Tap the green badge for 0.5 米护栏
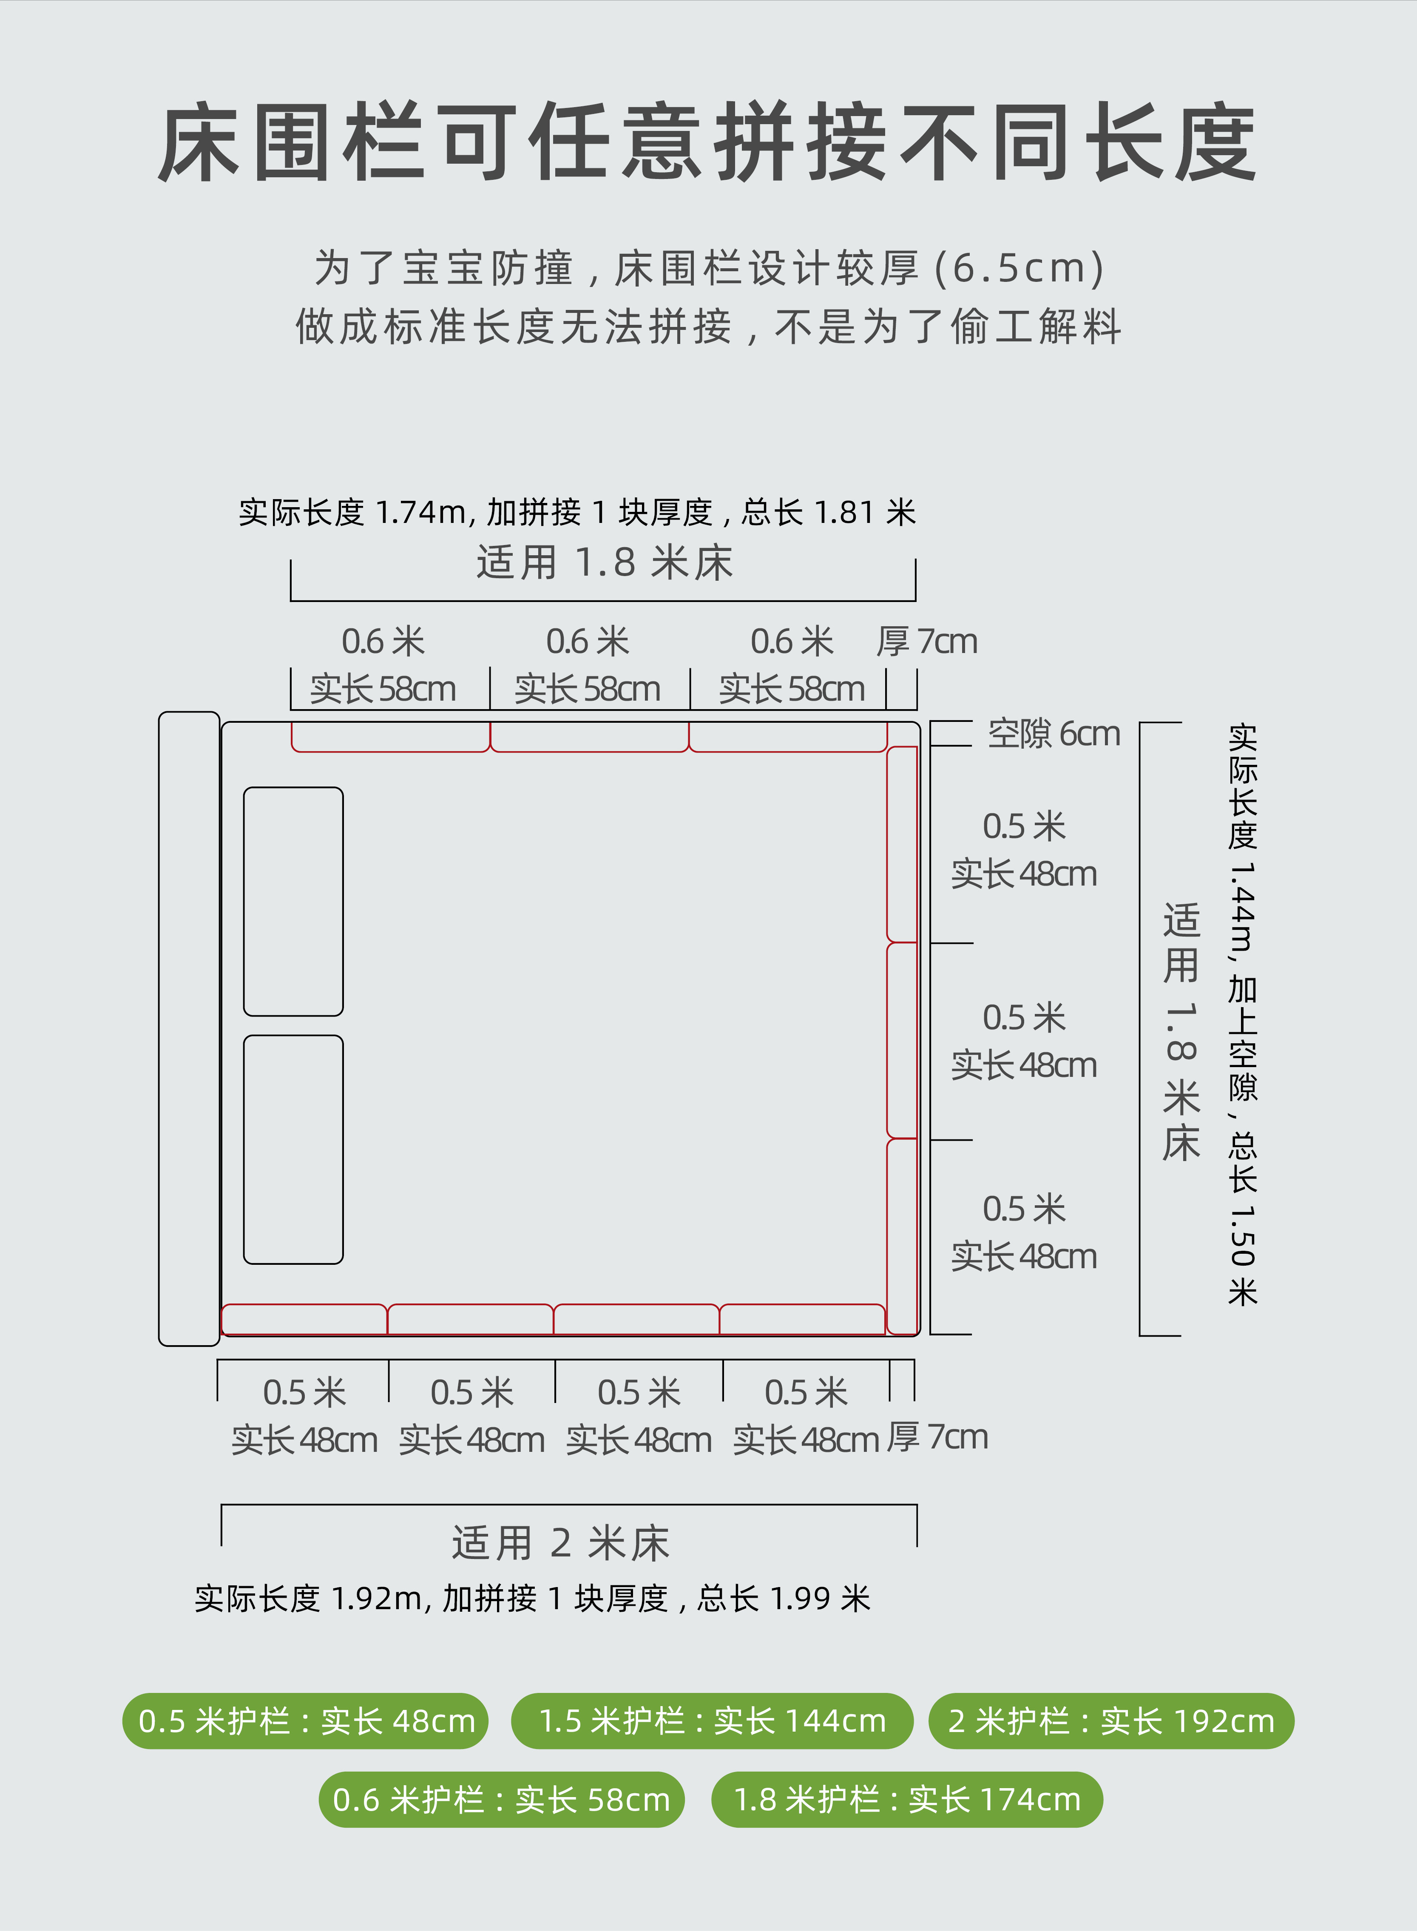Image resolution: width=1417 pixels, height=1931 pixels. click(x=305, y=1721)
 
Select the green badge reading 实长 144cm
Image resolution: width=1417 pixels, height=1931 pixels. click(x=712, y=1721)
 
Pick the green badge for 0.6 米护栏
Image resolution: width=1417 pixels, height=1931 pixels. click(x=502, y=1799)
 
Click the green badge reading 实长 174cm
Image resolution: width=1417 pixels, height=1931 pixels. click(x=907, y=1799)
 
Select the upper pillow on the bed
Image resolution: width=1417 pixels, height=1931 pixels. click(x=293, y=902)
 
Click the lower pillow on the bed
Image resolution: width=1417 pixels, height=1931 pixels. click(x=293, y=1150)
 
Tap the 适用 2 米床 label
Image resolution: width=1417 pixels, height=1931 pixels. click(x=561, y=1543)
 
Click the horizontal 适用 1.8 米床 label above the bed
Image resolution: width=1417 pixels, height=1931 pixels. click(x=605, y=563)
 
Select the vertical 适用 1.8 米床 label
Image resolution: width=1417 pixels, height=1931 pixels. click(x=1181, y=1032)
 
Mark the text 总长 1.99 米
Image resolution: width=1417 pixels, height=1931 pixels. click(x=784, y=1598)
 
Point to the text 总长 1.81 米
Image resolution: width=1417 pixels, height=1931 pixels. click(x=829, y=512)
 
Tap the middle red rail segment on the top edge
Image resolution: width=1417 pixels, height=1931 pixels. click(x=589, y=737)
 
